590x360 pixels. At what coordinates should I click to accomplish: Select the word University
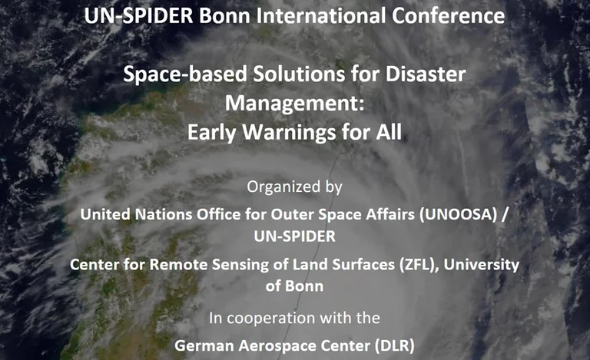(485, 265)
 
